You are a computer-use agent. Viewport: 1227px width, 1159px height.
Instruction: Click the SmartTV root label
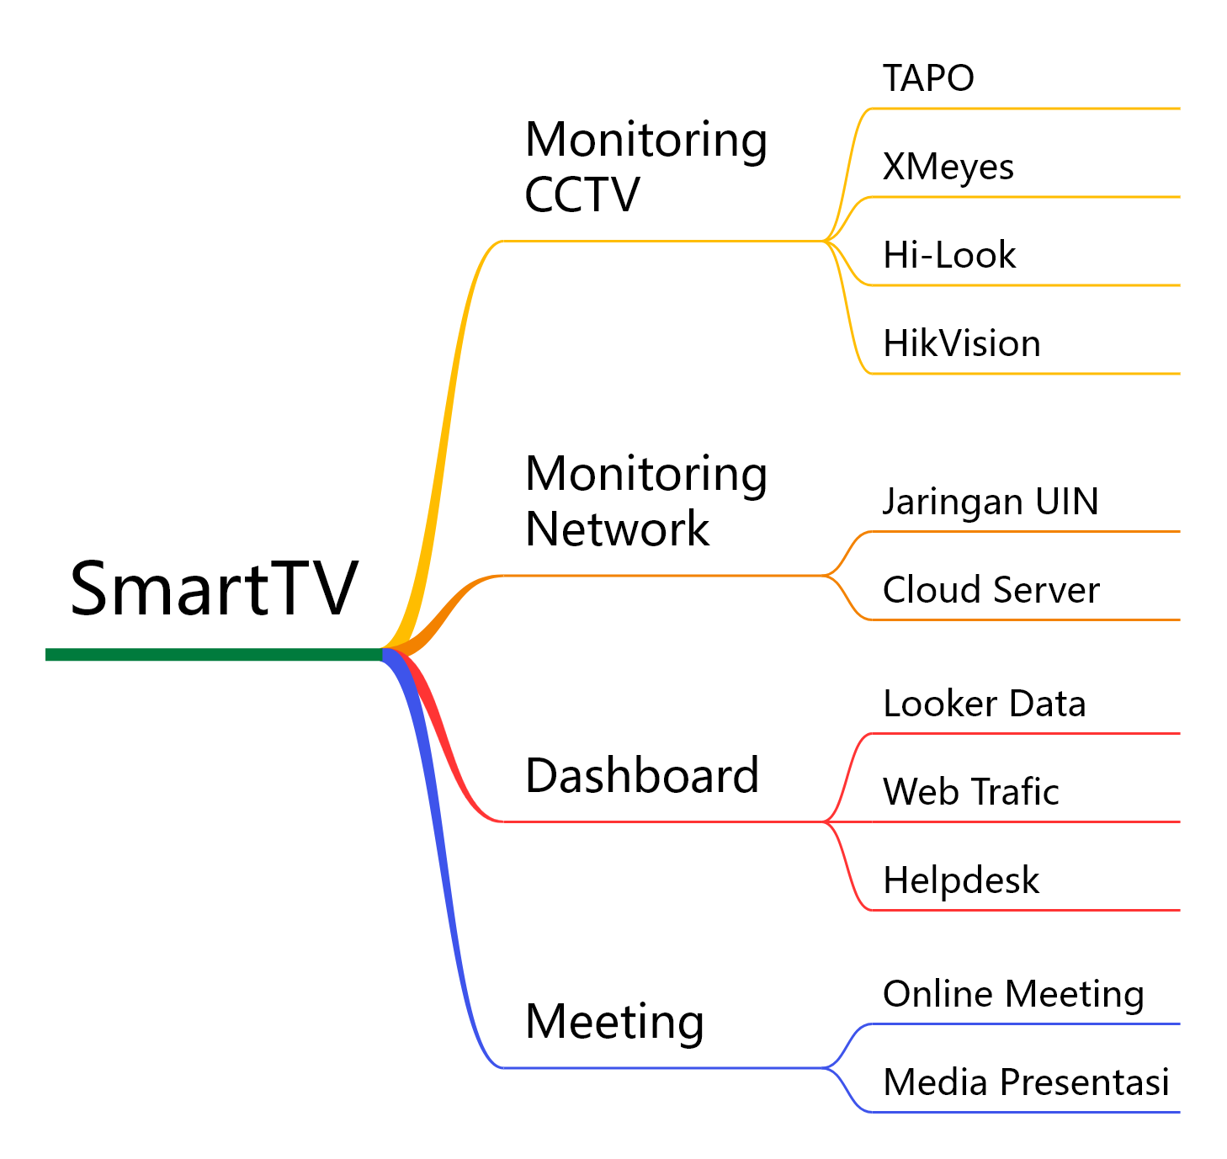[214, 588]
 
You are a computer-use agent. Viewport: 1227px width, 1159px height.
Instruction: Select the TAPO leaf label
[928, 78]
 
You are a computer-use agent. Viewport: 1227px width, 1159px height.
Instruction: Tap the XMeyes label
[948, 167]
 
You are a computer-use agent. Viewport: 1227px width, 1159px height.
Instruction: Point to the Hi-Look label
[949, 255]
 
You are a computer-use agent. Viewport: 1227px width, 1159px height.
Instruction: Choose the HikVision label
[962, 343]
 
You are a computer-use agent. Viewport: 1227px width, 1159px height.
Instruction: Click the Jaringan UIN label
[991, 502]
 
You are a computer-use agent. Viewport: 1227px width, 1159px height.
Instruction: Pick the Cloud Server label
[991, 590]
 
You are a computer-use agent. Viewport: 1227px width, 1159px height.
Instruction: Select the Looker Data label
[985, 704]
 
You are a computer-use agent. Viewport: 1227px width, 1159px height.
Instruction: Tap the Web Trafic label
[971, 792]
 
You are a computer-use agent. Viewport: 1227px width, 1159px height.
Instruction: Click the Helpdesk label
[961, 880]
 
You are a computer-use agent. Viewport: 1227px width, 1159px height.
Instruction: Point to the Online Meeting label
[1013, 994]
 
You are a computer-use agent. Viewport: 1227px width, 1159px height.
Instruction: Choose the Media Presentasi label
[1026, 1082]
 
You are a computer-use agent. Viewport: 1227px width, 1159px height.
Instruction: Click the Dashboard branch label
[642, 775]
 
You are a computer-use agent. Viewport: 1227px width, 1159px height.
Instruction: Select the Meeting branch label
[614, 1022]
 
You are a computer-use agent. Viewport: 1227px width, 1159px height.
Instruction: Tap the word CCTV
[582, 195]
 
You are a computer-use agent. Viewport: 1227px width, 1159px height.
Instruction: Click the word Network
[617, 529]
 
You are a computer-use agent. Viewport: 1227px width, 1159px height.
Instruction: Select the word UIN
[1067, 502]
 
